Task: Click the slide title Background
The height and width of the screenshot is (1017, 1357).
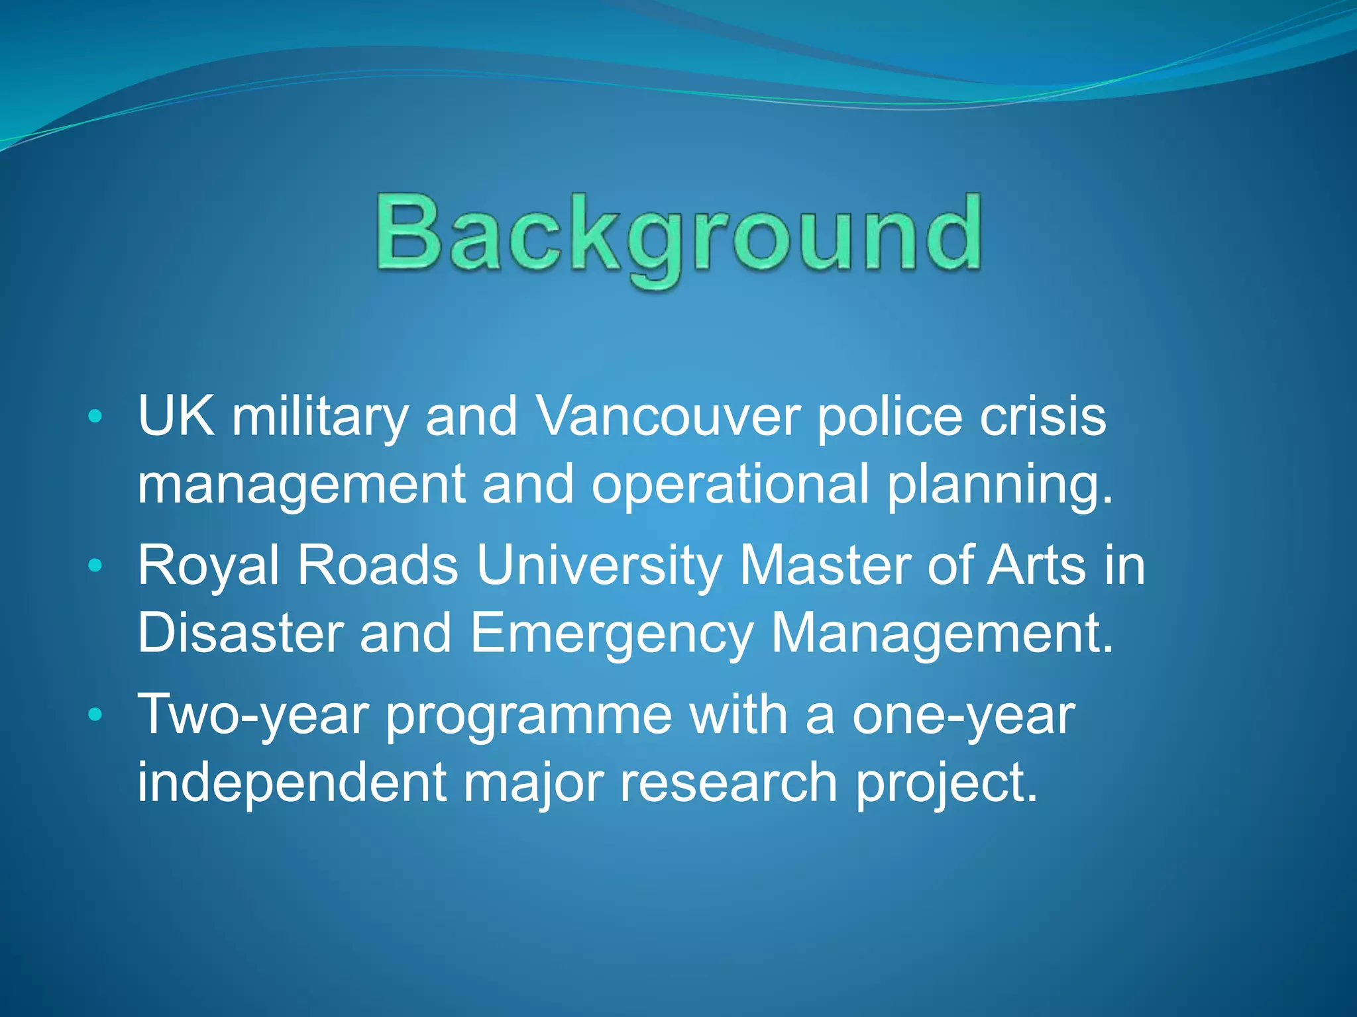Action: [x=678, y=235]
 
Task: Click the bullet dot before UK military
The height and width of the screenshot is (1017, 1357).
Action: [x=95, y=417]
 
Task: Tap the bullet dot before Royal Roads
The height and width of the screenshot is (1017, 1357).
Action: [x=95, y=565]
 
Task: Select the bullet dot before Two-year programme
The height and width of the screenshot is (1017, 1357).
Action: [x=95, y=714]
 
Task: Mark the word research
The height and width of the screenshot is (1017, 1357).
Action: [x=729, y=783]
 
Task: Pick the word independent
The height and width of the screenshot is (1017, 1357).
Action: [x=292, y=783]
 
